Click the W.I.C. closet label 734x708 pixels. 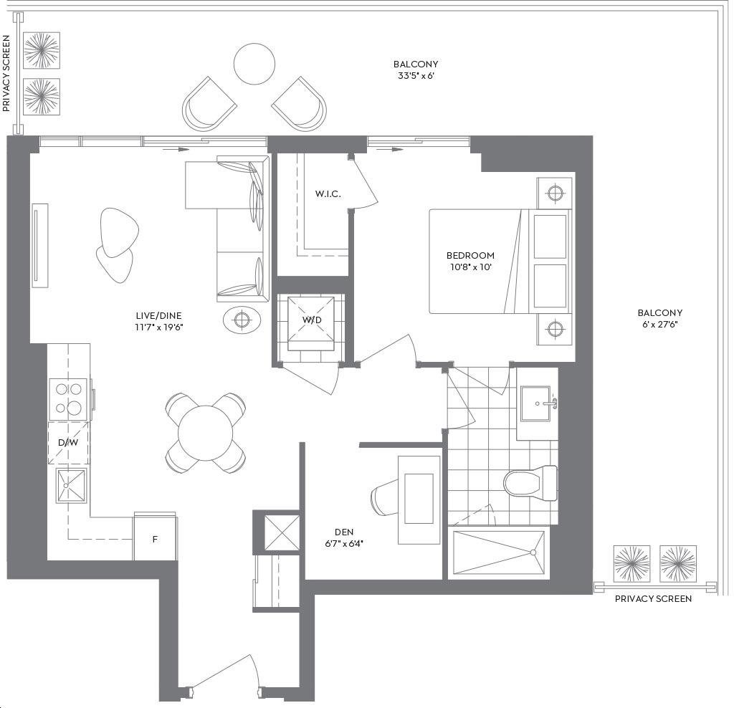(x=328, y=193)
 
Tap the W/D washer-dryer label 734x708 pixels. (x=312, y=320)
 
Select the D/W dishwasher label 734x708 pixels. (x=68, y=442)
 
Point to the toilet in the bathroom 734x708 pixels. (x=530, y=483)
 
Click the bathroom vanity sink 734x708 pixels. (x=535, y=403)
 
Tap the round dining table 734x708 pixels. (x=205, y=433)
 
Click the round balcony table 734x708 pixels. (x=254, y=64)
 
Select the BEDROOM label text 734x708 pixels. (x=470, y=256)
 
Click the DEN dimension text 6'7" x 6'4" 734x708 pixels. (x=344, y=544)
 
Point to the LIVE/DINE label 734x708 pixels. (x=158, y=315)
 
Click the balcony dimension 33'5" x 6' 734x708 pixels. (x=416, y=76)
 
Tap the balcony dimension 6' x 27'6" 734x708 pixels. (x=660, y=325)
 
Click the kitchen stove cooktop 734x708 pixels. (x=68, y=399)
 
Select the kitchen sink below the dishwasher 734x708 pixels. (x=71, y=486)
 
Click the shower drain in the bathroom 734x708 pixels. (x=533, y=552)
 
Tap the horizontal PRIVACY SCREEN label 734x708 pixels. (x=653, y=599)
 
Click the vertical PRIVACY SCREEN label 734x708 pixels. (x=6, y=74)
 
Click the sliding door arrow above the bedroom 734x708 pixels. (x=391, y=149)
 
